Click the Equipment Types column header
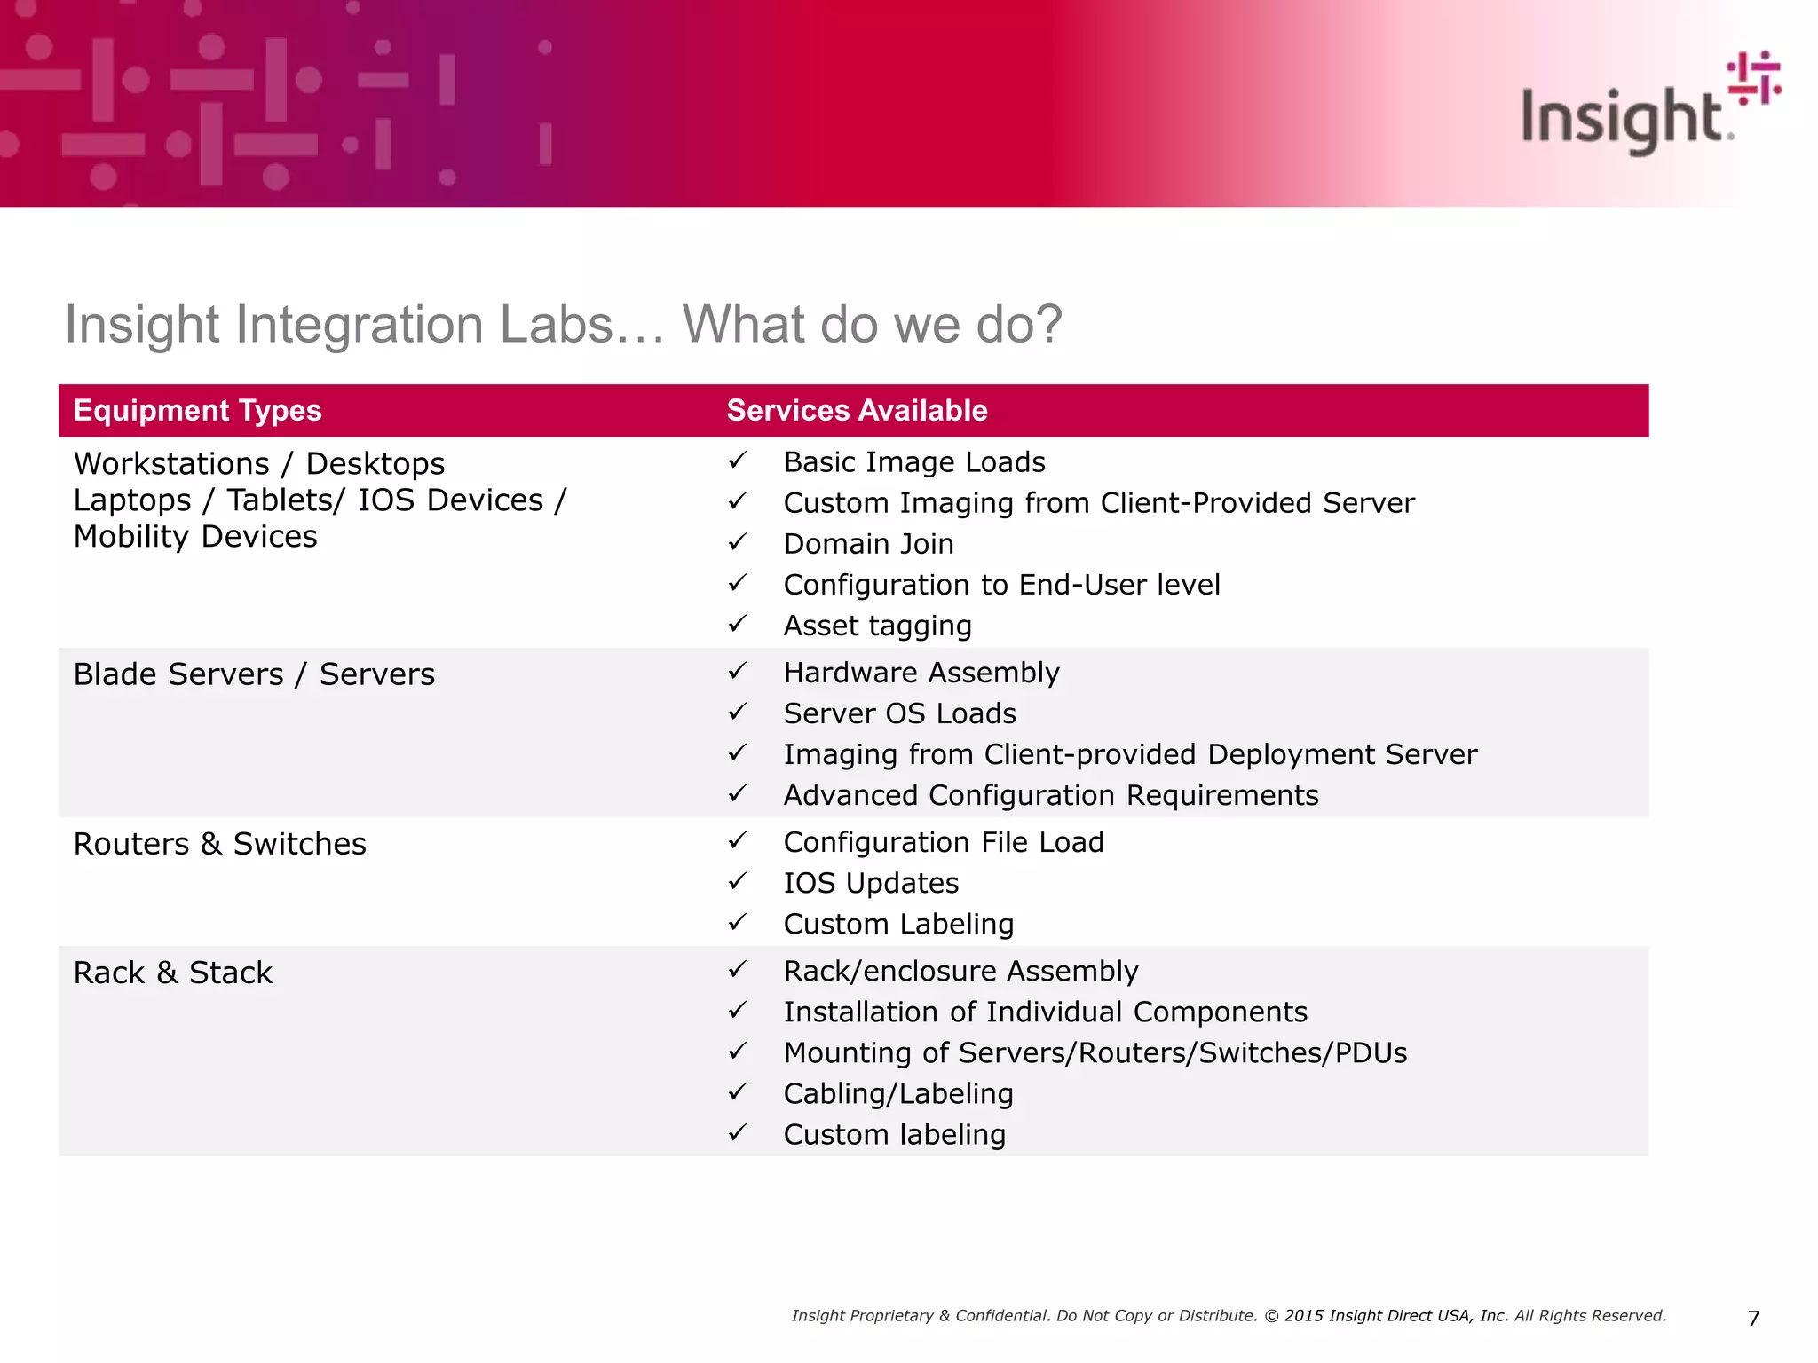click(197, 411)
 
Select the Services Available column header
click(857, 411)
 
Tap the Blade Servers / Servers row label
click(254, 674)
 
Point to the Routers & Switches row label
click(219, 844)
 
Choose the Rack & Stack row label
click(172, 973)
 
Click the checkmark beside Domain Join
click(738, 542)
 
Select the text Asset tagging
click(877, 626)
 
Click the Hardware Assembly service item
click(921, 673)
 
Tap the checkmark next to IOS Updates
click(738, 881)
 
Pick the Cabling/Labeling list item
click(897, 1094)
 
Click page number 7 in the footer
click(1753, 1319)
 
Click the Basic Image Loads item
click(913, 462)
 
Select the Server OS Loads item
click(899, 713)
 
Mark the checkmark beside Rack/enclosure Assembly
click(738, 969)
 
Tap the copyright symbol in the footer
click(1271, 1316)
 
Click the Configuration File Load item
click(943, 842)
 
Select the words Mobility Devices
click(195, 537)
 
